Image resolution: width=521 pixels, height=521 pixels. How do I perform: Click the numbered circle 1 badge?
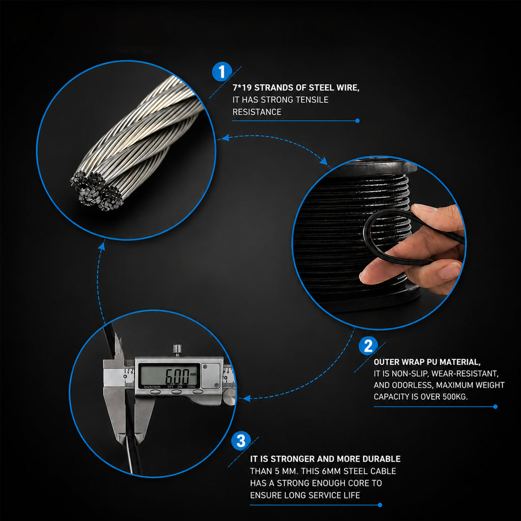pyautogui.click(x=222, y=71)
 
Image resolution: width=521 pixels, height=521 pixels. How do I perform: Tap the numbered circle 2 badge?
pyautogui.click(x=368, y=346)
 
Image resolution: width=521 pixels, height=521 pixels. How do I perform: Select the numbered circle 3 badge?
pyautogui.click(x=241, y=441)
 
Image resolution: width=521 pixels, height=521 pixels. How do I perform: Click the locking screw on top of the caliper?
pyautogui.click(x=178, y=350)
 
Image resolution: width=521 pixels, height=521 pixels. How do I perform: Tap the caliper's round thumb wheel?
pyautogui.click(x=229, y=397)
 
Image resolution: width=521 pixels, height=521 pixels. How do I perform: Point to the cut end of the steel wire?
pyautogui.click(x=96, y=192)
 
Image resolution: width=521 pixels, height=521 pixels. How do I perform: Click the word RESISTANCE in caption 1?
pyautogui.click(x=257, y=112)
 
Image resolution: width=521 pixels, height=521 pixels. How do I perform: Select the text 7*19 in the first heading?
pyautogui.click(x=242, y=88)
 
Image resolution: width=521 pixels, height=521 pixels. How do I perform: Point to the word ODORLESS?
pyautogui.click(x=412, y=385)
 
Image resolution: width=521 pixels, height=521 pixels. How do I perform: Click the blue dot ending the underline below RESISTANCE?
pyautogui.click(x=358, y=121)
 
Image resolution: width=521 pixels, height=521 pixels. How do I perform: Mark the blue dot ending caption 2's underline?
pyautogui.click(x=496, y=407)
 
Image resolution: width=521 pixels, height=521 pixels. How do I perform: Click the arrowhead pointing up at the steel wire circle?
pyautogui.click(x=102, y=246)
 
